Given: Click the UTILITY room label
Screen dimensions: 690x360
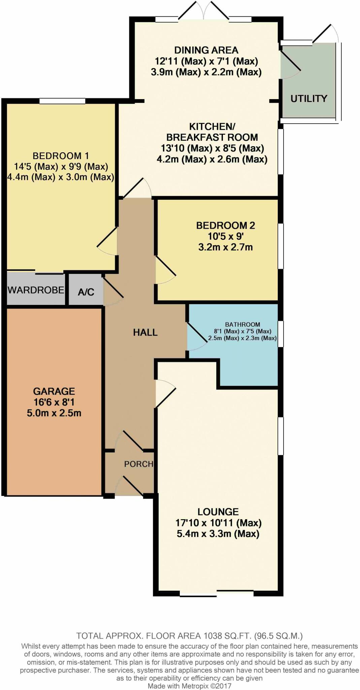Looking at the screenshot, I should (308, 98).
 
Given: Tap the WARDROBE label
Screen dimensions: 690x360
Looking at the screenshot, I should (36, 290).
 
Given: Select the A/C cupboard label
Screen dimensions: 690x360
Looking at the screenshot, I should (86, 292).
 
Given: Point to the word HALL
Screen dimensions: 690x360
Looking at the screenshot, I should (145, 333).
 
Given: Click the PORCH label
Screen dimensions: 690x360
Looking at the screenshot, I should (138, 464).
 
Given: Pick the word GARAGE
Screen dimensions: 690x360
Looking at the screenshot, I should (54, 391).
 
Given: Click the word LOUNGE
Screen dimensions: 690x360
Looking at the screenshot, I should (218, 512).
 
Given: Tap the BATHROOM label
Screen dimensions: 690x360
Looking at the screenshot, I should (242, 324).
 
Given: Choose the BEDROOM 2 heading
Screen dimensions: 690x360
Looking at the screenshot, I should (226, 225).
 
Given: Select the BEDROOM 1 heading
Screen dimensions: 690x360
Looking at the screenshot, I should (61, 156).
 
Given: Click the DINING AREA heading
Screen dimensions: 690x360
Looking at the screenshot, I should (206, 50).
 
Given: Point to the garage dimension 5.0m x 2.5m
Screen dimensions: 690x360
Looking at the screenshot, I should (54, 413).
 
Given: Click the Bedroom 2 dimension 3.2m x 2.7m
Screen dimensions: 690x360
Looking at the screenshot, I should (226, 247).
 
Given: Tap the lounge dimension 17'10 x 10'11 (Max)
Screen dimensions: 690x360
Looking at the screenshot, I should (218, 523).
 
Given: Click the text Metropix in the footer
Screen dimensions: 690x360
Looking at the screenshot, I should (195, 686).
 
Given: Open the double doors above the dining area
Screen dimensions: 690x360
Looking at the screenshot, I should (203, 12).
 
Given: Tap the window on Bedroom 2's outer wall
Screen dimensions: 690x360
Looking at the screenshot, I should (280, 246).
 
